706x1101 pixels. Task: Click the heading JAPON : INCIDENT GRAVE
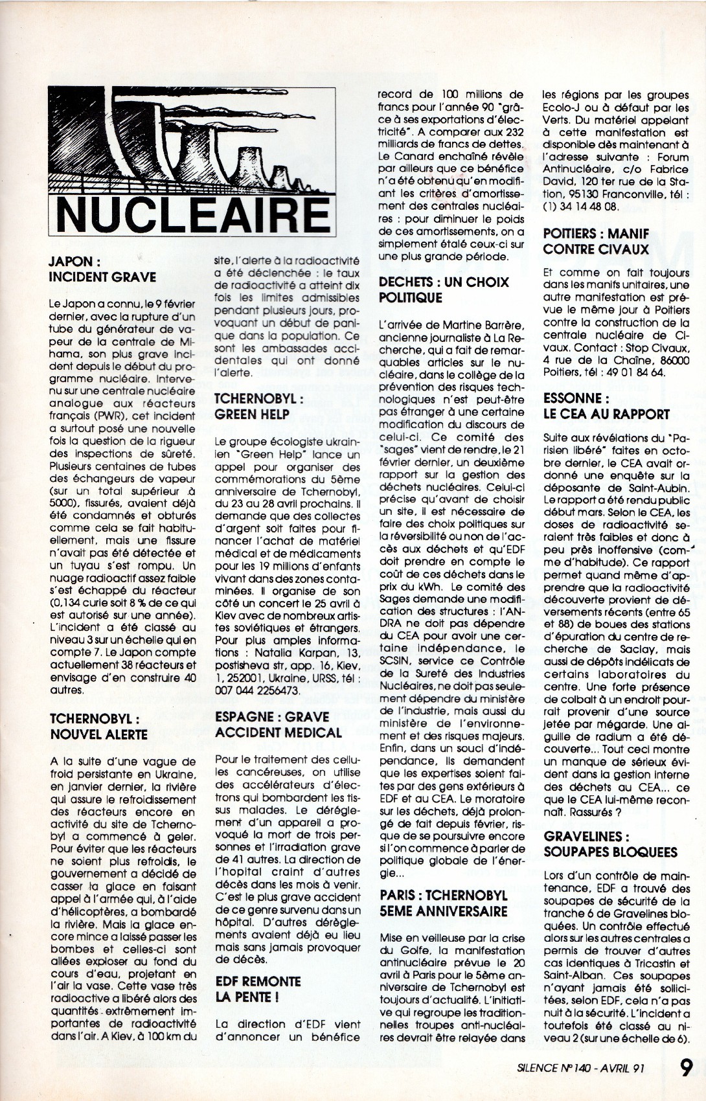[103, 269]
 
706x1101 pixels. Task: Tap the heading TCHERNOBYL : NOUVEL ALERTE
[98, 726]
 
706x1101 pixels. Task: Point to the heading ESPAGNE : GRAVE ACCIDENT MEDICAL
[279, 725]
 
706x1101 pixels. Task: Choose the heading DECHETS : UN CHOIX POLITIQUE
[444, 289]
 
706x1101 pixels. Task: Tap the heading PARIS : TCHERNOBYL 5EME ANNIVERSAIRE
[444, 903]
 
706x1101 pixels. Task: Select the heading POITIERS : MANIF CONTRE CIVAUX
[596, 241]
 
